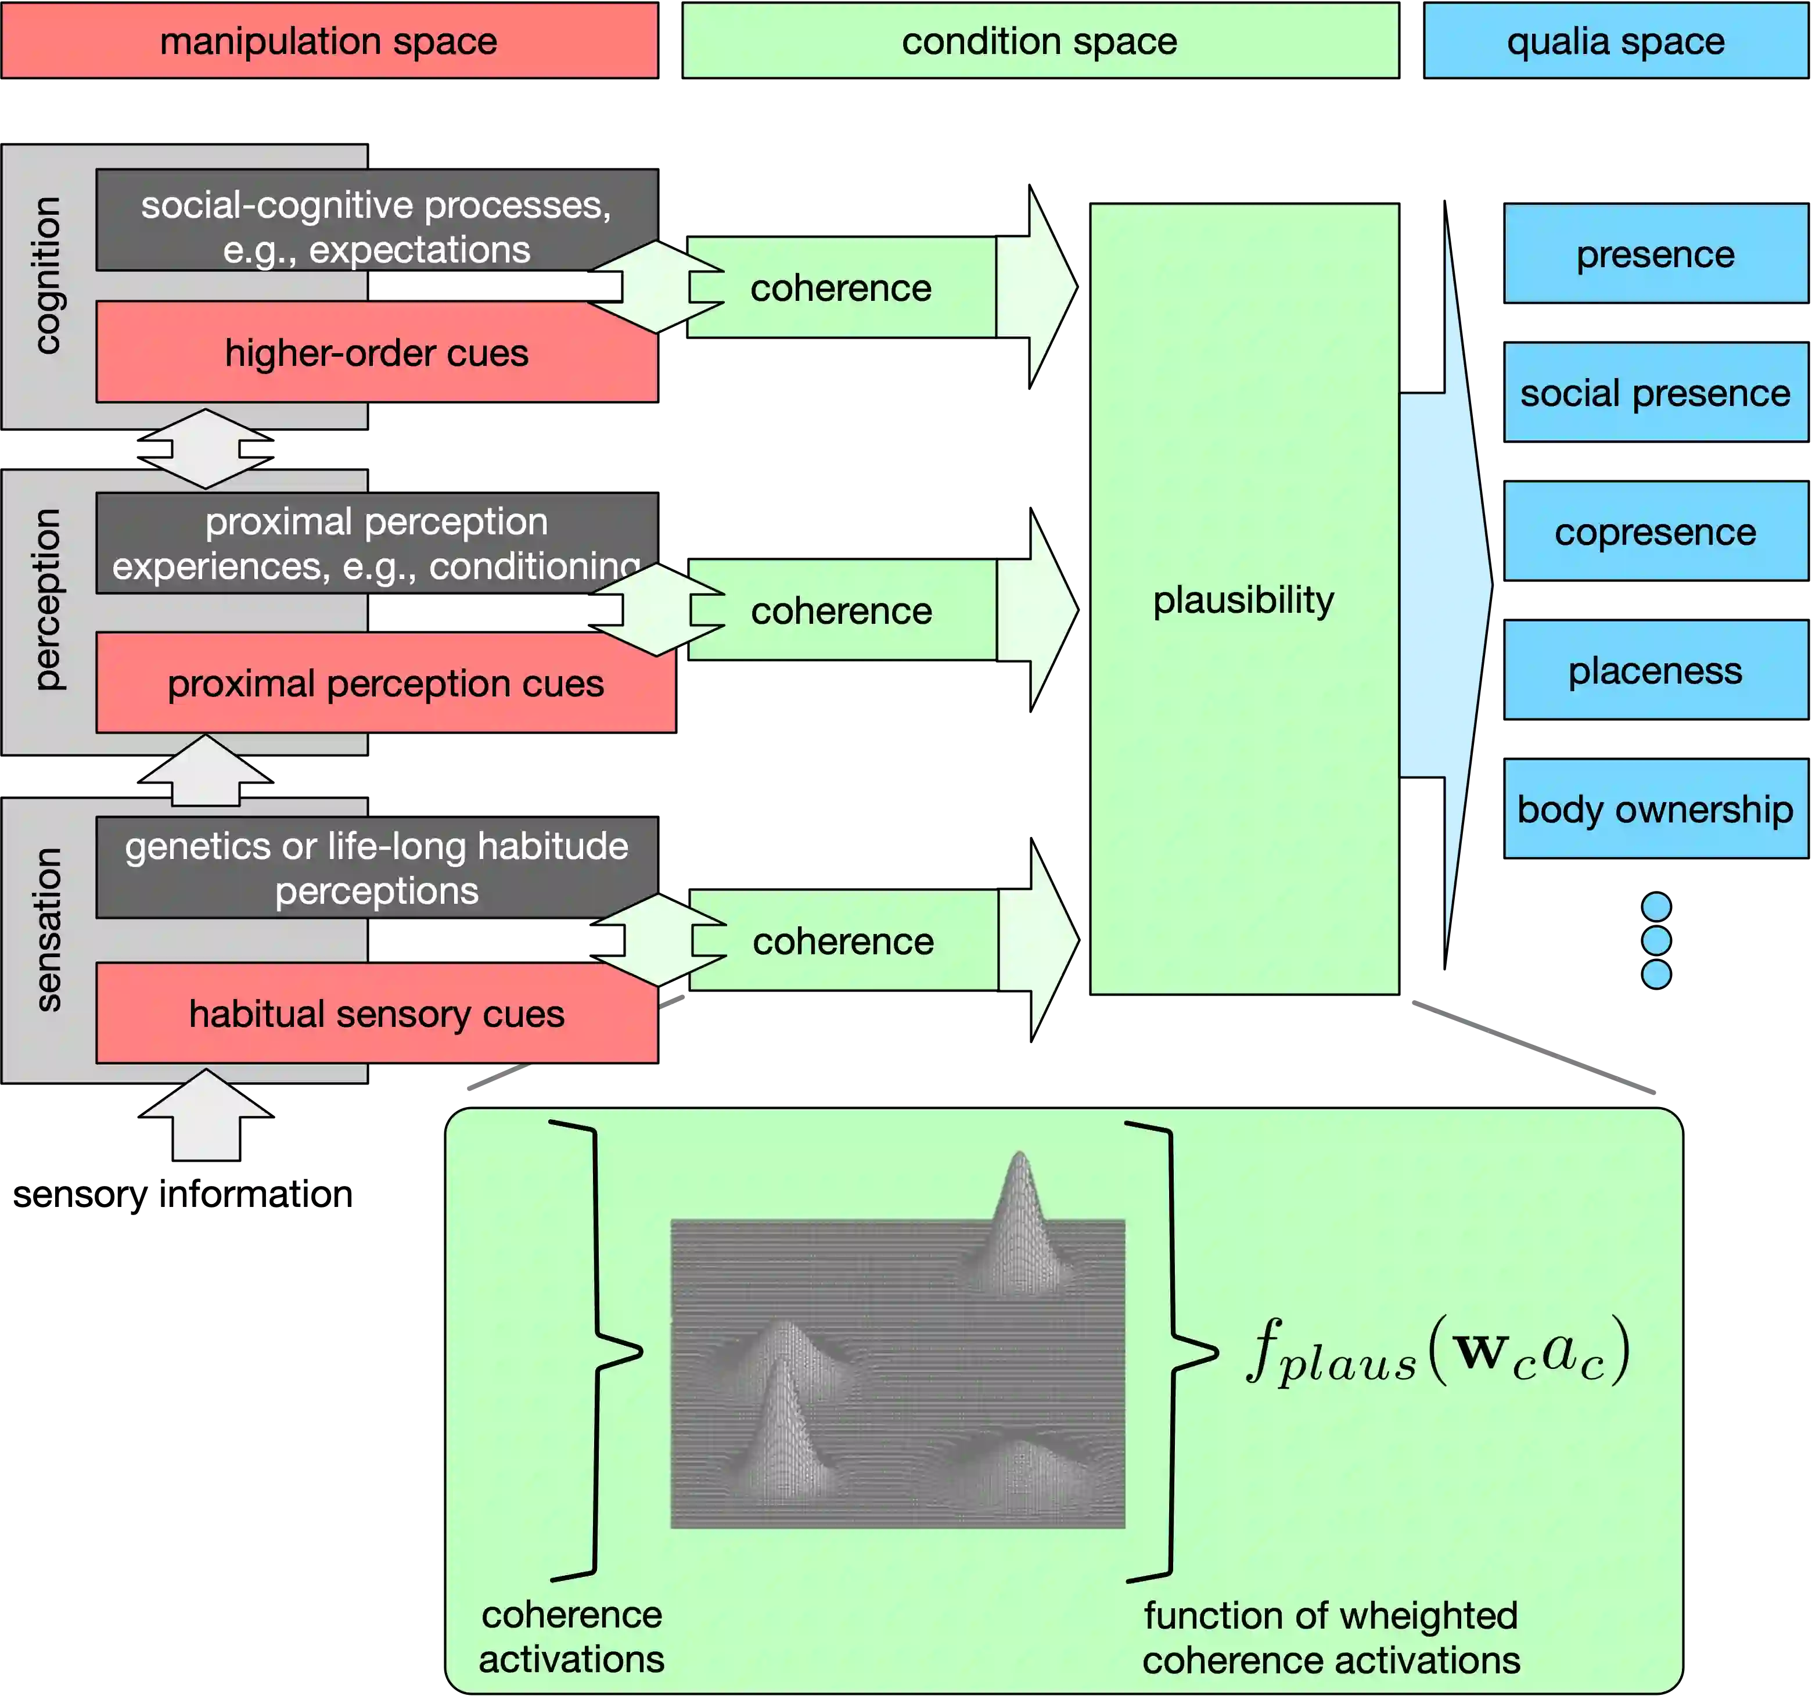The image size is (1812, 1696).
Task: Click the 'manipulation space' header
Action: (329, 41)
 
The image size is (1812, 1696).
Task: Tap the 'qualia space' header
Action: (1615, 41)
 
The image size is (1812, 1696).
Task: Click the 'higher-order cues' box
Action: (376, 353)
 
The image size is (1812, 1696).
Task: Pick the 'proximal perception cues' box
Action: (386, 684)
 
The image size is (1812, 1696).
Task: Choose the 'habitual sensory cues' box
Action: (376, 1014)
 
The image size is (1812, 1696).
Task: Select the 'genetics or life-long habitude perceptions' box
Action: (376, 868)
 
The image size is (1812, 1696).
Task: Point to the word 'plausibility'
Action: (1243, 599)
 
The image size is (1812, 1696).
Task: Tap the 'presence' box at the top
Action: (1655, 254)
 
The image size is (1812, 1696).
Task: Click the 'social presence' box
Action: (1655, 393)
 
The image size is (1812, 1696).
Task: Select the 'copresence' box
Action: (1655, 531)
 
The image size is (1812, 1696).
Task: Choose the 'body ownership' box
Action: (1655, 809)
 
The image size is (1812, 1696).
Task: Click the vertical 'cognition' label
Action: (48, 275)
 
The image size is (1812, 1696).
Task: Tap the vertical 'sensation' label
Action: (48, 929)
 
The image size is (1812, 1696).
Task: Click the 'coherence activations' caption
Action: (571, 1637)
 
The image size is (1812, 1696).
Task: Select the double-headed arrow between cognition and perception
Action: (206, 448)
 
